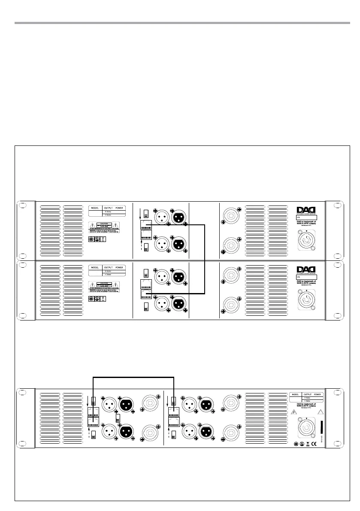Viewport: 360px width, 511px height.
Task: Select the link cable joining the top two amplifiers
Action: (x=205, y=257)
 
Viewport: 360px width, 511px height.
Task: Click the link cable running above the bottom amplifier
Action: (x=133, y=377)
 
